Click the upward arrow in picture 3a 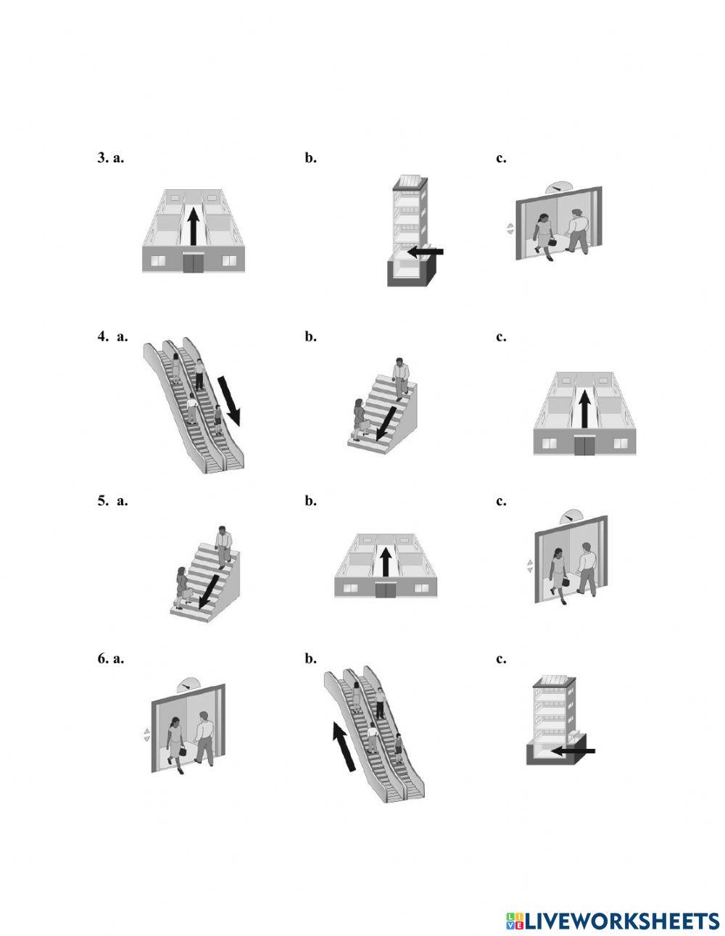[193, 227]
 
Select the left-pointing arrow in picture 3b [424, 252]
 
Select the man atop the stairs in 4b [401, 378]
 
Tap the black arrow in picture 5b [386, 561]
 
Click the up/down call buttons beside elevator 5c [529, 566]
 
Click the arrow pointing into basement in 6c [573, 751]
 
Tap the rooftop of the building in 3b [407, 181]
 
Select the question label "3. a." [110, 157]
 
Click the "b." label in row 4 [310, 336]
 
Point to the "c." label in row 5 [501, 500]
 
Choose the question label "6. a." [110, 658]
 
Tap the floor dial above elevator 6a [189, 682]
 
